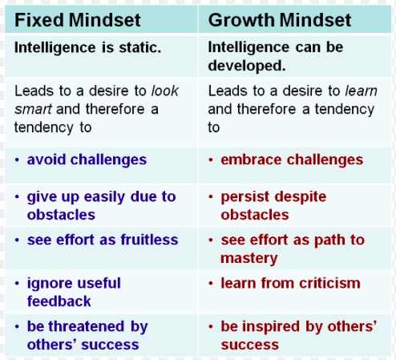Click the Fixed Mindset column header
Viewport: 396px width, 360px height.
[x=78, y=20]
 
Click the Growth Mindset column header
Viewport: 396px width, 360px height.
[x=280, y=20]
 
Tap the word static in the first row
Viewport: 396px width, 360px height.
[x=139, y=47]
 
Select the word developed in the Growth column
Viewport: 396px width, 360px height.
[x=247, y=66]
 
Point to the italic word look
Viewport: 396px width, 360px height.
[x=165, y=91]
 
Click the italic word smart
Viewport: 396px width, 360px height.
[x=33, y=109]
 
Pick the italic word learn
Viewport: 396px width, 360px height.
[x=361, y=91]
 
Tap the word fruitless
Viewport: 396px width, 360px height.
[x=149, y=240]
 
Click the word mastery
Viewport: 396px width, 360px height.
[x=249, y=258]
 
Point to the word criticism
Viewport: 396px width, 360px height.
[x=329, y=283]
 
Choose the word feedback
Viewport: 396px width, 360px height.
[x=59, y=301]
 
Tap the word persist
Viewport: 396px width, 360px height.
[x=245, y=197]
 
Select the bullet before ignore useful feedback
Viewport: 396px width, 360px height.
[x=17, y=283]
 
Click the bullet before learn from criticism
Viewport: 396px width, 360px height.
[x=211, y=283]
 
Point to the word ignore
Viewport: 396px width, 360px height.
[x=46, y=283]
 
